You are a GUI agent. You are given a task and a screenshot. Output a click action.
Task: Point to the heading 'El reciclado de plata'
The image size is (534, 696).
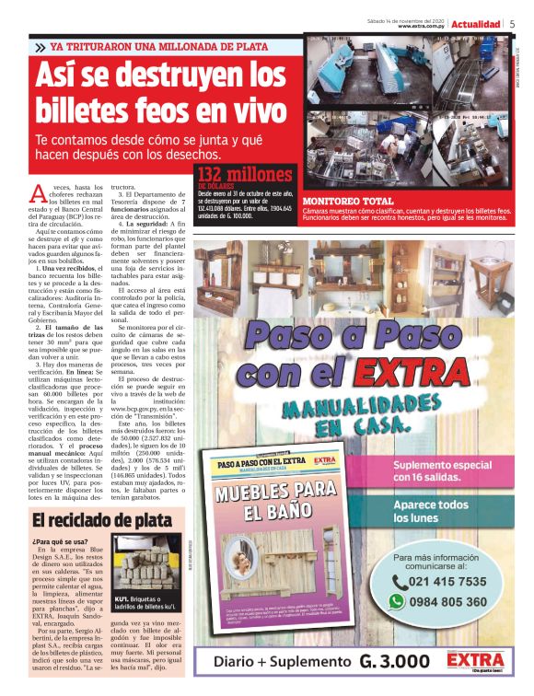[x=97, y=520]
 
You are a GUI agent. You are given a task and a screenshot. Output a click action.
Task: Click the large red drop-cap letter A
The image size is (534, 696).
[x=38, y=192]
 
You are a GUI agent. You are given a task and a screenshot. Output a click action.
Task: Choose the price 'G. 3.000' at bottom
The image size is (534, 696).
[x=394, y=661]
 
